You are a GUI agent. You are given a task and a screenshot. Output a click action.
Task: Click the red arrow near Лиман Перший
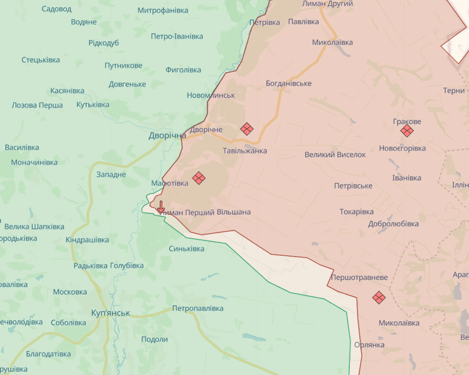[x=161, y=207]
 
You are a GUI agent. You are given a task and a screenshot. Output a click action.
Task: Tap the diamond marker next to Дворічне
[x=247, y=129]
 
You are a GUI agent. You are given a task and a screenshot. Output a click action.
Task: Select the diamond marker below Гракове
[x=407, y=131]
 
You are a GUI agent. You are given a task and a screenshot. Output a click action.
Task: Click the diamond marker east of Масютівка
[x=198, y=178]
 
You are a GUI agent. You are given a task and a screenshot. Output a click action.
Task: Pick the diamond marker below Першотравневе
[x=379, y=296]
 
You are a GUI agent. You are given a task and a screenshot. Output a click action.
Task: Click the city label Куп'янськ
[x=110, y=313]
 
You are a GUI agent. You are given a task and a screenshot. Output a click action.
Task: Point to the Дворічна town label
[x=167, y=136]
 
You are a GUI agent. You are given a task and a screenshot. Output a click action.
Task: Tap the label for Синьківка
[x=186, y=248]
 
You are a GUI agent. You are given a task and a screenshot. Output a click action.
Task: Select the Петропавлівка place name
[x=198, y=308]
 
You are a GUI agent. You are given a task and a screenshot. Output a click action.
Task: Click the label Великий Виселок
[x=335, y=154]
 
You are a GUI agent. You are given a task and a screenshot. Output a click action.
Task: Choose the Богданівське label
[x=288, y=83]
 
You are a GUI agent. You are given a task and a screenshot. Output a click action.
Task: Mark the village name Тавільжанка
[x=245, y=151]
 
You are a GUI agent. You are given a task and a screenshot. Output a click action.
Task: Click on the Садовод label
[x=56, y=9]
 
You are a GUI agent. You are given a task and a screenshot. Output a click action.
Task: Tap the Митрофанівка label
[x=163, y=11]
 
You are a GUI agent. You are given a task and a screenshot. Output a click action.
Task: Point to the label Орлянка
[x=369, y=345]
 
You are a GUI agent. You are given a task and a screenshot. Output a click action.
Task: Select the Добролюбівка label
[x=393, y=224]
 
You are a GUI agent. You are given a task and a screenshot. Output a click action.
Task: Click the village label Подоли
[x=155, y=339]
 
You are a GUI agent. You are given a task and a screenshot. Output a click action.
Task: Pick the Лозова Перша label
[x=37, y=105]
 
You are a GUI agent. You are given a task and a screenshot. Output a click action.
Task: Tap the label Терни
[x=454, y=91]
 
